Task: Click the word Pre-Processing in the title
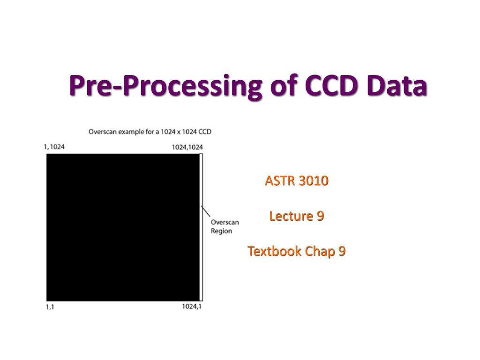165,86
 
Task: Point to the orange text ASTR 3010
297,180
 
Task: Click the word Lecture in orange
291,216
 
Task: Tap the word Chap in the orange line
320,252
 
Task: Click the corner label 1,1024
54,147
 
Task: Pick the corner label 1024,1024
187,147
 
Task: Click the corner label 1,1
50,307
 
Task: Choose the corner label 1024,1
192,307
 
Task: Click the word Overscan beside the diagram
225,222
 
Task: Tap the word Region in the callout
221,231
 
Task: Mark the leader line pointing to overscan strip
206,211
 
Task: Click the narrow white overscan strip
201,227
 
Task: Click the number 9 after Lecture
320,216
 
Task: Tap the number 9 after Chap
342,251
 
